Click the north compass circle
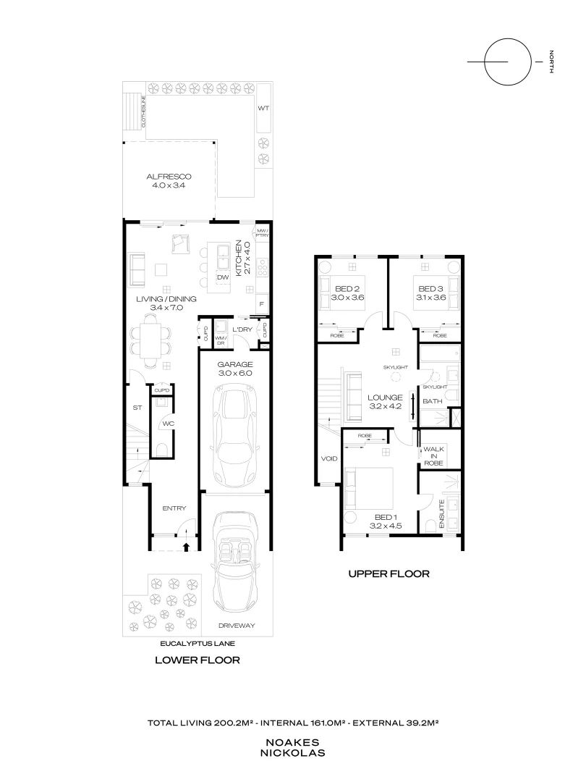coord(506,62)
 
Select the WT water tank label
coord(263,108)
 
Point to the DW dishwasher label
coord(223,277)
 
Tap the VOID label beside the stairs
coord(328,458)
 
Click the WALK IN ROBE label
coord(433,455)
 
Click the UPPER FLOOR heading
coord(388,574)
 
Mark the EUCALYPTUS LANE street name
coord(198,642)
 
